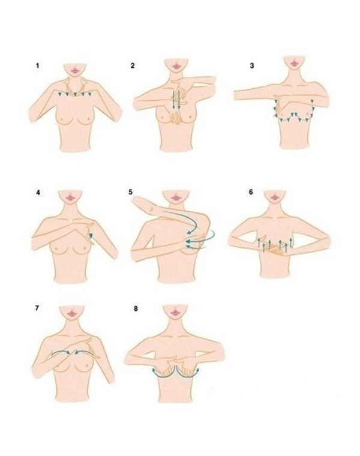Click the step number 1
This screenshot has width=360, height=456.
[x=37, y=66]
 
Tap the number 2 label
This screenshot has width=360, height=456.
[x=133, y=66]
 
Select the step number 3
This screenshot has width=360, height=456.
[x=252, y=66]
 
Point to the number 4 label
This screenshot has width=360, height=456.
[x=38, y=193]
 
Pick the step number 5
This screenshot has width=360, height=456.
[x=131, y=192]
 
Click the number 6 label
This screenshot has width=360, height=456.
[x=251, y=192]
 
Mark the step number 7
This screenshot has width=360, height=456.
[x=37, y=308]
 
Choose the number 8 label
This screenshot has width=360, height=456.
[x=136, y=308]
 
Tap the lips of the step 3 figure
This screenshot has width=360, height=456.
[x=295, y=62]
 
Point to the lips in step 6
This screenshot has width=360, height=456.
[x=275, y=197]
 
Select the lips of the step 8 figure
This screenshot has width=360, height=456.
[x=175, y=313]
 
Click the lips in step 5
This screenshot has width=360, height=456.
[x=176, y=198]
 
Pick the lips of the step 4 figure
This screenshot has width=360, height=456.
[x=70, y=197]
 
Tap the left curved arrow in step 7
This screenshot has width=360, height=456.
[x=61, y=352]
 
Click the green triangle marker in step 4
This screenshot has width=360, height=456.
[x=91, y=236]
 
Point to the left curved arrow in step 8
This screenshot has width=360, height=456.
[x=163, y=375]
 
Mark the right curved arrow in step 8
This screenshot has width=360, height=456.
[x=188, y=375]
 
